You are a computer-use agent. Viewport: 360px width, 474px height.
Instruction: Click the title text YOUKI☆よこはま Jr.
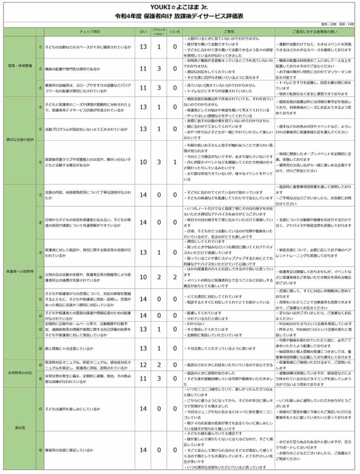point(180,6)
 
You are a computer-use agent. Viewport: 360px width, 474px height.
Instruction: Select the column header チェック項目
point(89,31)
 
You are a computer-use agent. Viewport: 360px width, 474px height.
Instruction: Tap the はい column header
point(143,31)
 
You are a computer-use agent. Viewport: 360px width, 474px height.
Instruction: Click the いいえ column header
point(174,31)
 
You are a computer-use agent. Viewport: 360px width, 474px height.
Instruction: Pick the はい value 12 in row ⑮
point(143,365)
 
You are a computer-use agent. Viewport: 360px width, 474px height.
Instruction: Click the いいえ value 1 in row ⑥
point(174,162)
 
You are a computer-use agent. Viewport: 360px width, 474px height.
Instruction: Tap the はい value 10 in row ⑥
point(143,162)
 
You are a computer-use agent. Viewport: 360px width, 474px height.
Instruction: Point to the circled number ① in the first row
point(40,47)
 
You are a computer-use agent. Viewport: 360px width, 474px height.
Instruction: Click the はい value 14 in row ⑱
point(143,450)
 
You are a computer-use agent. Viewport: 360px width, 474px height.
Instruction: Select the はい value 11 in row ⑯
point(143,378)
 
